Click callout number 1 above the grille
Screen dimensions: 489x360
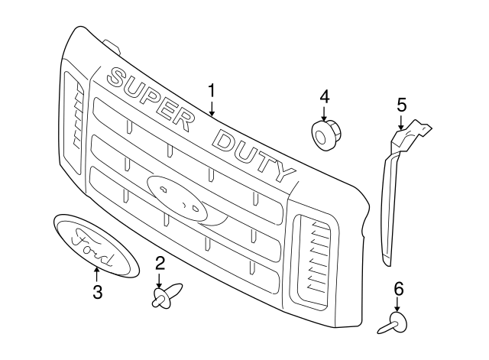click(212, 90)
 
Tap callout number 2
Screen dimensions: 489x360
click(160, 263)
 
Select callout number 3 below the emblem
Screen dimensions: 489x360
click(97, 292)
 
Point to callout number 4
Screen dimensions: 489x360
click(324, 96)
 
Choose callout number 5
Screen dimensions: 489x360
click(402, 105)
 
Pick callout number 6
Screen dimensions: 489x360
click(399, 289)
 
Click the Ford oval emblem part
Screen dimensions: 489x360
click(97, 246)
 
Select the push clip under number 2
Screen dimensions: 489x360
click(167, 295)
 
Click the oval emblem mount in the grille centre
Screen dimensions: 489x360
click(177, 198)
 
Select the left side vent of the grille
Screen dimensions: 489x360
click(73, 122)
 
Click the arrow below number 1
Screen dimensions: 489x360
click(212, 109)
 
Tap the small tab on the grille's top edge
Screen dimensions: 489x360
click(112, 46)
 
